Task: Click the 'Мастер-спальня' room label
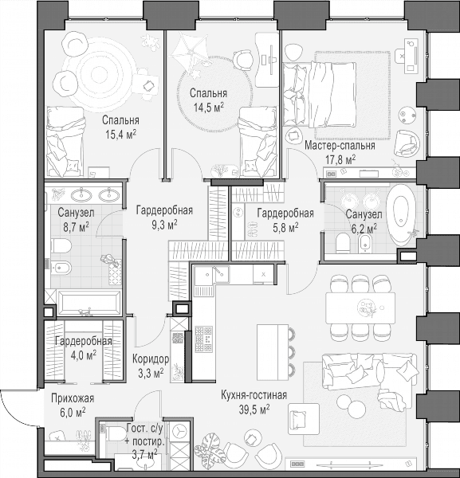(x=340, y=146)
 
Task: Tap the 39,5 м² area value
(x=254, y=409)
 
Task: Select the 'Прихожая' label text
(x=73, y=398)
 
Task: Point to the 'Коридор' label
(x=151, y=359)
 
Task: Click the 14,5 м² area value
(x=209, y=107)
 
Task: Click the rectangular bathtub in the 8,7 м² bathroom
(x=88, y=303)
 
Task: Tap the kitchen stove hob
(x=204, y=339)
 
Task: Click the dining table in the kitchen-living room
(x=360, y=308)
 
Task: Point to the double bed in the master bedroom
(x=320, y=94)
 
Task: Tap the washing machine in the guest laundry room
(x=179, y=432)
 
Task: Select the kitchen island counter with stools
(x=273, y=352)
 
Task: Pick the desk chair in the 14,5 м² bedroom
(x=243, y=59)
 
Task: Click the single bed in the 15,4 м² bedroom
(x=65, y=142)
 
